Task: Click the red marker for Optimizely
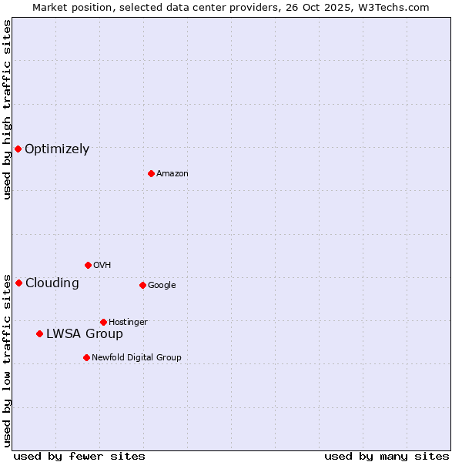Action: (18, 149)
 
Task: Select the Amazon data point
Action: (151, 173)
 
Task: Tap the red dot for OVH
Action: (88, 265)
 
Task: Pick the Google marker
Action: (142, 285)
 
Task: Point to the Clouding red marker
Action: (18, 283)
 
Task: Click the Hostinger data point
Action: (103, 322)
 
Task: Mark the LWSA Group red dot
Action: (39, 333)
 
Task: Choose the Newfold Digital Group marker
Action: (86, 357)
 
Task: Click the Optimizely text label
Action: (57, 149)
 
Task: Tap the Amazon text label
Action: (172, 174)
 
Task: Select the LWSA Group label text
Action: (85, 333)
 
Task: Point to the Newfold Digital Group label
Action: (136, 357)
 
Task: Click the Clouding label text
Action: (52, 283)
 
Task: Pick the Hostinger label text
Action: (128, 322)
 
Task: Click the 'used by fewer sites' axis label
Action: (79, 456)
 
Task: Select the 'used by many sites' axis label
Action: (387, 456)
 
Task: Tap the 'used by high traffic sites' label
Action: (7, 109)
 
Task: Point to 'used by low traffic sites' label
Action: (7, 360)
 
